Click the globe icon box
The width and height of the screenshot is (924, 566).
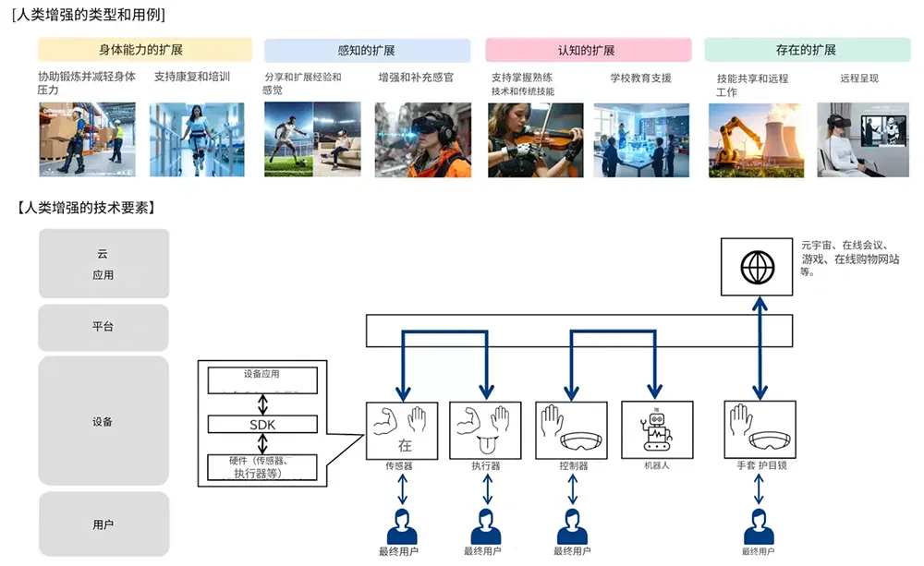click(758, 267)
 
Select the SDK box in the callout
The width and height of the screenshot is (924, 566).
click(262, 423)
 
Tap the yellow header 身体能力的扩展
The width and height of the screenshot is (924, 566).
click(144, 50)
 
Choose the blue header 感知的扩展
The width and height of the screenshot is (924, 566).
click(366, 50)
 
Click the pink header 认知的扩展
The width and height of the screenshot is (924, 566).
click(588, 50)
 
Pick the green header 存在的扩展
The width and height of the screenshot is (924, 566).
click(807, 50)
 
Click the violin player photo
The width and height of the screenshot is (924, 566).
click(536, 139)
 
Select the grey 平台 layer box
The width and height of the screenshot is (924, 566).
click(104, 327)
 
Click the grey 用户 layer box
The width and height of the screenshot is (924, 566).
click(104, 524)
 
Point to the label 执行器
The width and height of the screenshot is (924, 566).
click(486, 466)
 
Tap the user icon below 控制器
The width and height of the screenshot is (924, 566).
click(572, 527)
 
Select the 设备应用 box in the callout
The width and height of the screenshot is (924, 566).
click(262, 375)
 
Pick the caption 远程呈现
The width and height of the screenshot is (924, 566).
click(859, 78)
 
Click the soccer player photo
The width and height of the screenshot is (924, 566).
click(288, 139)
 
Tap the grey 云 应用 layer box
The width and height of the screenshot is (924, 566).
click(104, 264)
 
